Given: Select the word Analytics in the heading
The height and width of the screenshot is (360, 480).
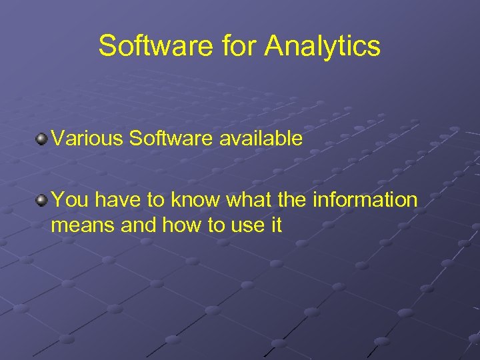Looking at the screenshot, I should pyautogui.click(x=323, y=47).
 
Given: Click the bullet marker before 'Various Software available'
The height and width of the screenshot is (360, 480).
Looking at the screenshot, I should pyautogui.click(x=42, y=139).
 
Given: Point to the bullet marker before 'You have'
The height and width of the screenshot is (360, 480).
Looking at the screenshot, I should pyautogui.click(x=42, y=199).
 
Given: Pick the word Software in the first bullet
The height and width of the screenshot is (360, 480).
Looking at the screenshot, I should pyautogui.click(x=171, y=139).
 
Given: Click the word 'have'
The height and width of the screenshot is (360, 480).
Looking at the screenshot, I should pyautogui.click(x=112, y=199).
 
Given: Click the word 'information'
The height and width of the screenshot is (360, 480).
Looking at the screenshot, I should pyautogui.click(x=366, y=199).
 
